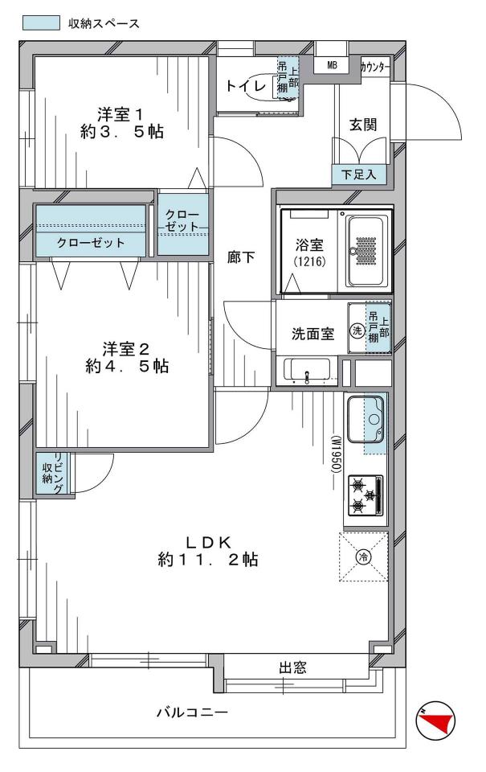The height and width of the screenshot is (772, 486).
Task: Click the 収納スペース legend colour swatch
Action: pos(41,23)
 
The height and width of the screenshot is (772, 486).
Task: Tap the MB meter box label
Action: pos(332,64)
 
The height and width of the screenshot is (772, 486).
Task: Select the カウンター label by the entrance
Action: pos(375,68)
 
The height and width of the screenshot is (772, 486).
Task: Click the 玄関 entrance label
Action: pos(363,125)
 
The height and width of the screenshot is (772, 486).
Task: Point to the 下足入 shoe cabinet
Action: pos(358,174)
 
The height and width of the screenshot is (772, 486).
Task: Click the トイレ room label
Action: pos(246,86)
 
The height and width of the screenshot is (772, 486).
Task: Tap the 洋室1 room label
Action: pos(120,115)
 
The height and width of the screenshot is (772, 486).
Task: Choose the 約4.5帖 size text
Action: pos(127,366)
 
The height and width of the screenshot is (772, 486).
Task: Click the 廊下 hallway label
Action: pos(241,257)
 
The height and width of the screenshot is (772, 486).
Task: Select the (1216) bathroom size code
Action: pos(310,262)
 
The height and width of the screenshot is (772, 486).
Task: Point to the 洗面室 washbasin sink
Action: pos(308,372)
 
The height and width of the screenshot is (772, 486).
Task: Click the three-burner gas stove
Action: pos(366,495)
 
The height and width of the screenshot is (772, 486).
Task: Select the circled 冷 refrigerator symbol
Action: pos(364,556)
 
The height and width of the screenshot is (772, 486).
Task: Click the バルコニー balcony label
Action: pos(192,712)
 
